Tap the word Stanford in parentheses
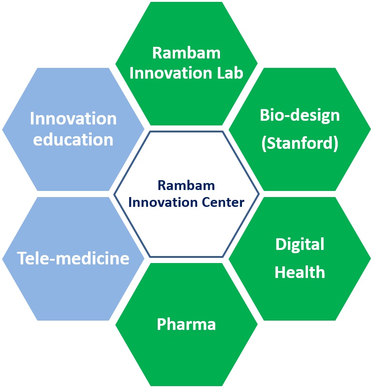coord(300,144)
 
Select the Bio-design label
coord(300,115)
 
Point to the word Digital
coord(300,244)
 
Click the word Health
coord(300,272)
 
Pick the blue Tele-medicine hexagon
coord(73,258)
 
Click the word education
coord(73,139)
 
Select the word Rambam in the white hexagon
coord(186,186)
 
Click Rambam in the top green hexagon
coord(186,53)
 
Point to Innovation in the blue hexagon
coord(73,119)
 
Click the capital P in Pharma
coord(161,324)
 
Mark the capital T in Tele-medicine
coord(22,258)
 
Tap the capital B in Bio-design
coord(265,115)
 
